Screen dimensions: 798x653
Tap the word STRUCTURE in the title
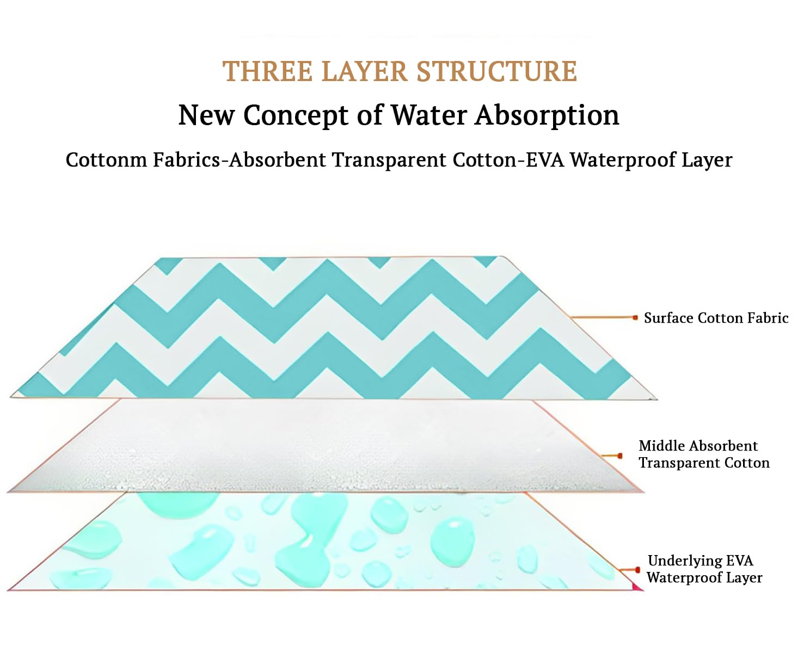(496, 71)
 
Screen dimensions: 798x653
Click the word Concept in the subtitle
(296, 116)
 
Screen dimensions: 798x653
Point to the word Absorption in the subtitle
(547, 116)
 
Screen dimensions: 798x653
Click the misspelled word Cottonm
(106, 159)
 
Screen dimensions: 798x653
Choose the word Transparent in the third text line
(389, 160)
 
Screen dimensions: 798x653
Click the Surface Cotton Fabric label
(716, 318)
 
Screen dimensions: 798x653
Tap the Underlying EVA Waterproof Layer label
(704, 569)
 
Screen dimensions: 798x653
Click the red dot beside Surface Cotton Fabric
(635, 318)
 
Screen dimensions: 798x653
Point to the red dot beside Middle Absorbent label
(619, 456)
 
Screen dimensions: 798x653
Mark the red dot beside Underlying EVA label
(637, 570)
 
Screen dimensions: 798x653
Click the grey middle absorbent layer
(326, 446)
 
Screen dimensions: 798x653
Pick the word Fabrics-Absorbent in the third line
(239, 159)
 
